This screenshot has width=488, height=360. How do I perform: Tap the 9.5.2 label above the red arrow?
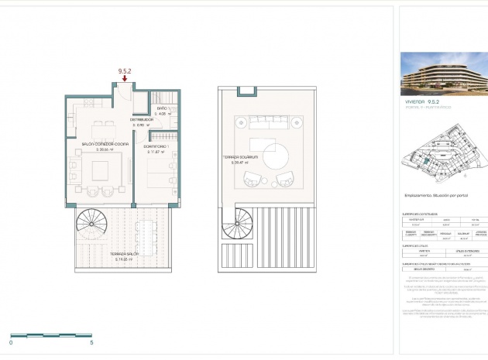125,70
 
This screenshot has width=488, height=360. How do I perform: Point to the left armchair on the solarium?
252,179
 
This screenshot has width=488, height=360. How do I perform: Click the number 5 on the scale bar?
92,341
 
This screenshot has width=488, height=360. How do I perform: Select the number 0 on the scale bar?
12,341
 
